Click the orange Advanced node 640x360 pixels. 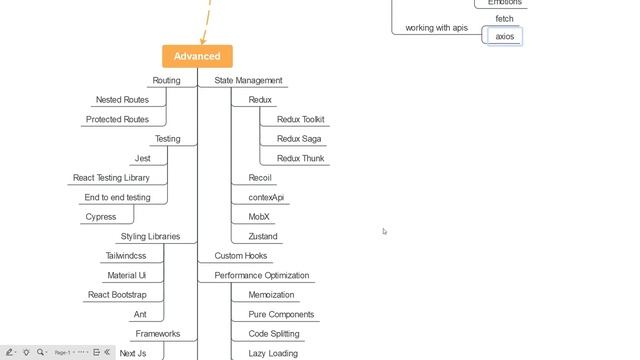[197, 56]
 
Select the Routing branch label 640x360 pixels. [166, 80]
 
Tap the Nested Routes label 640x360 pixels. [122, 100]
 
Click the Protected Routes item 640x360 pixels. [117, 119]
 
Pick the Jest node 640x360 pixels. [142, 158]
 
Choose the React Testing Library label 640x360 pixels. [111, 178]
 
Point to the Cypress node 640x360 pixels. [101, 217]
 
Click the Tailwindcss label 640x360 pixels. [126, 256]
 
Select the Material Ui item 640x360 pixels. [127, 275]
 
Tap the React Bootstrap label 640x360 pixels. [117, 295]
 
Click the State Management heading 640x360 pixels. [248, 80]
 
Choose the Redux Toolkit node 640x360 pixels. [300, 119]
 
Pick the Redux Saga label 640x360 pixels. [299, 139]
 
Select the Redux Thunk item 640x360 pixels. [300, 158]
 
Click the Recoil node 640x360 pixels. [260, 178]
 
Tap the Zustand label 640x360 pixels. [263, 236]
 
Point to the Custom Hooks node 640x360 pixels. [241, 256]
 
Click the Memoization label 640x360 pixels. [271, 295]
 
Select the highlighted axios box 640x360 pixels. [505, 36]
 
